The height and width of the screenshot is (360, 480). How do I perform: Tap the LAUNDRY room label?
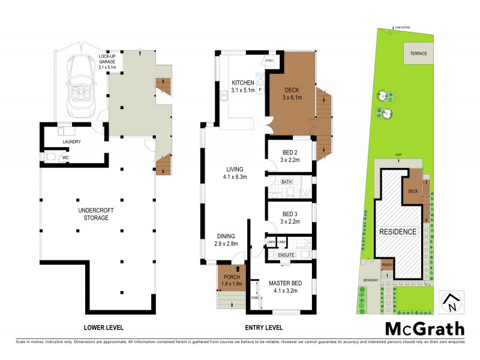click(70, 142)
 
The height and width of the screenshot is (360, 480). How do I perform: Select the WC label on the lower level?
click(66, 158)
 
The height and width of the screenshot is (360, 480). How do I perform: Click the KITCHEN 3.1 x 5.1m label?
click(243, 86)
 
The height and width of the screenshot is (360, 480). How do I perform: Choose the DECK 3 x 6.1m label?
click(292, 94)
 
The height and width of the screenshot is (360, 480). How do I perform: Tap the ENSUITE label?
click(286, 255)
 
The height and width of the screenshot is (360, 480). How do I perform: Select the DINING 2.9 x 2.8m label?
click(223, 240)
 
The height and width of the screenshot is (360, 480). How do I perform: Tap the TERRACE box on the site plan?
click(418, 53)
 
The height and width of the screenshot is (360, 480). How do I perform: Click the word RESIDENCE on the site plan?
click(397, 232)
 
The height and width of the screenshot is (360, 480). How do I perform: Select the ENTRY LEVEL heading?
click(265, 328)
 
